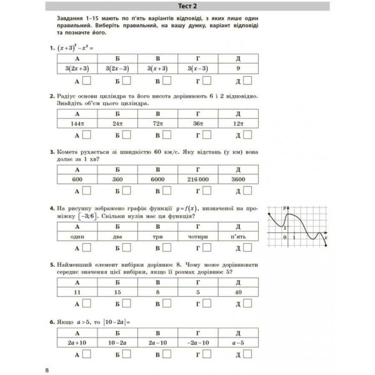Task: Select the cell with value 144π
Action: (x=77, y=124)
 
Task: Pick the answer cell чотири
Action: (x=197, y=237)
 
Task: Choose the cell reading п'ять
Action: (x=238, y=237)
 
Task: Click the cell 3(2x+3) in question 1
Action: (x=77, y=68)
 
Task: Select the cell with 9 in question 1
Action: (x=238, y=68)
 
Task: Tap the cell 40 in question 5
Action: (x=238, y=291)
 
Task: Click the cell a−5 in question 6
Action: (x=238, y=343)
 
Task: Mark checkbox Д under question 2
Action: (x=248, y=135)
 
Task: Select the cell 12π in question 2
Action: (x=238, y=124)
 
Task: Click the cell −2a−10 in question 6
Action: (x=197, y=343)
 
